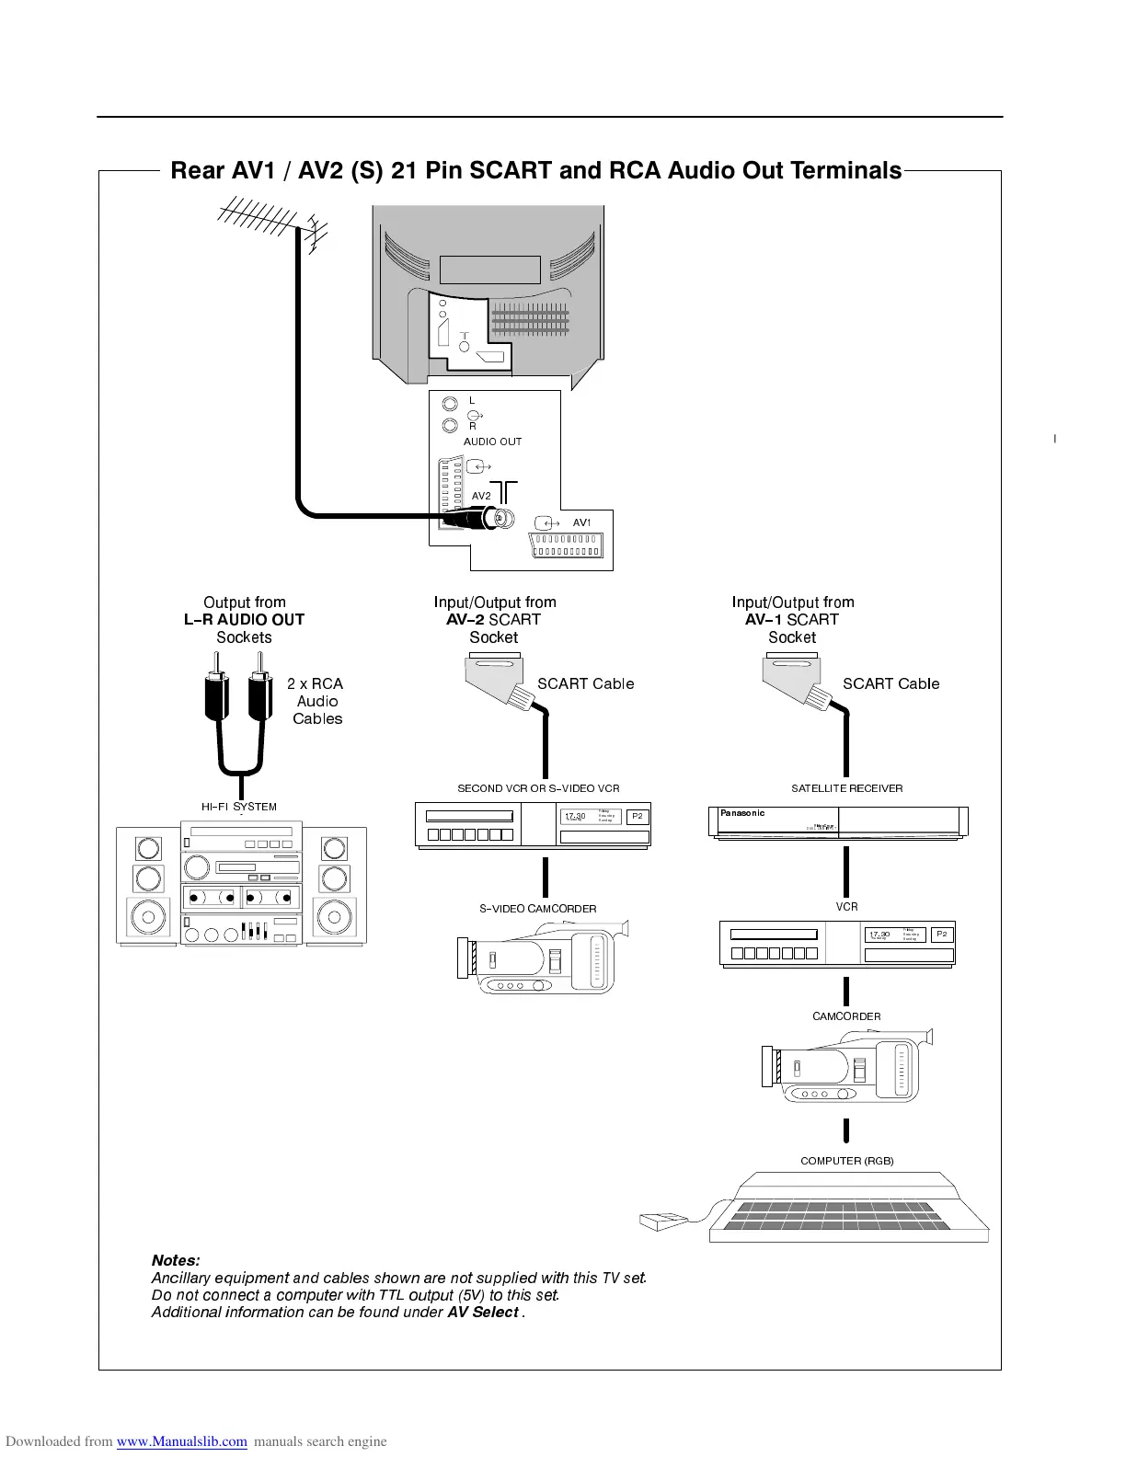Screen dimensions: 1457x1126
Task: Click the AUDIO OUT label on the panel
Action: coord(492,442)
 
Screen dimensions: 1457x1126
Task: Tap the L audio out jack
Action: coord(450,404)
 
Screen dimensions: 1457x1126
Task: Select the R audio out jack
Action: coord(450,426)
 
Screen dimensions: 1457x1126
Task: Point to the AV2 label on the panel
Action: coord(481,496)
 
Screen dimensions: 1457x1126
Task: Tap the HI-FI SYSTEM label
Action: coord(239,807)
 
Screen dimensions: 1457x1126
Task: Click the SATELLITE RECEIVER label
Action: coord(847,788)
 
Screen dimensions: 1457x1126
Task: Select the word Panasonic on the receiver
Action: coord(742,813)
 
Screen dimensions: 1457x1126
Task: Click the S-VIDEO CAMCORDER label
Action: coord(537,909)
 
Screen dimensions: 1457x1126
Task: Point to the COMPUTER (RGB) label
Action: coord(847,1161)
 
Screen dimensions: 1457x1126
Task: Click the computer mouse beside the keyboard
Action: coord(662,1222)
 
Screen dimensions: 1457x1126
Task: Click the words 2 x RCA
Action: coord(315,683)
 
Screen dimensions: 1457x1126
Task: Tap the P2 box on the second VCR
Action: coord(637,816)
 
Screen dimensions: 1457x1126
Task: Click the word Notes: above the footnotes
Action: coord(176,1260)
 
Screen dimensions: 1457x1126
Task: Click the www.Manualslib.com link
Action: coord(182,1441)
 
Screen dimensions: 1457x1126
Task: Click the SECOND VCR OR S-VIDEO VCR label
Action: coord(538,788)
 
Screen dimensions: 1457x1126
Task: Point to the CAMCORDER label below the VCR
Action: coord(846,1016)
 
